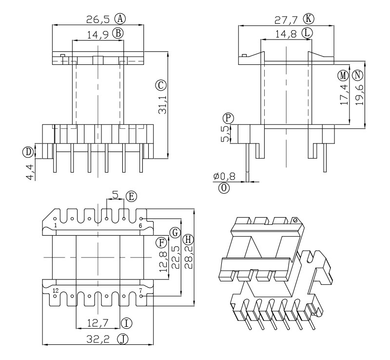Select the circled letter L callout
(x=307, y=33)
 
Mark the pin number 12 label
(x=56, y=291)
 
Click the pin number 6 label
(x=140, y=226)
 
